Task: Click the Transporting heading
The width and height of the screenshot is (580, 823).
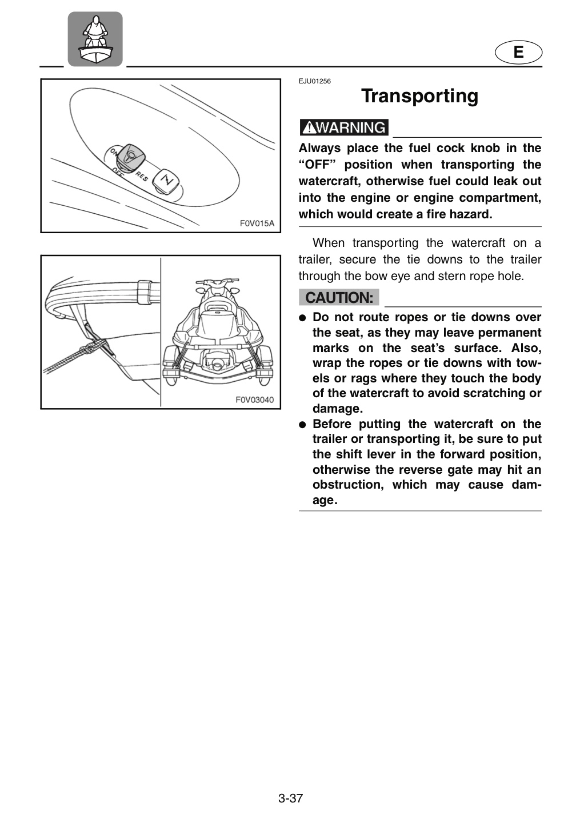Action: (x=420, y=96)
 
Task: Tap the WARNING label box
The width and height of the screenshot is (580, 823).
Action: (x=344, y=127)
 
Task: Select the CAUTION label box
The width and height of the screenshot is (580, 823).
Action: (x=339, y=298)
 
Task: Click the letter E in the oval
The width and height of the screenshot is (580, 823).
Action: (x=518, y=52)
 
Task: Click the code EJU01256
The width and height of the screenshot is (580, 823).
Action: (x=314, y=82)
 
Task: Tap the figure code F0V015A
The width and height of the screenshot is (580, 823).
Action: (x=257, y=223)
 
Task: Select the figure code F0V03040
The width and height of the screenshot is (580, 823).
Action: (x=254, y=399)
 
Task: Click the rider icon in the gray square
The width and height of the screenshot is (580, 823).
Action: (x=95, y=39)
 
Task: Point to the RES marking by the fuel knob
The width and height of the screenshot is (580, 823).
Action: (x=141, y=177)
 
